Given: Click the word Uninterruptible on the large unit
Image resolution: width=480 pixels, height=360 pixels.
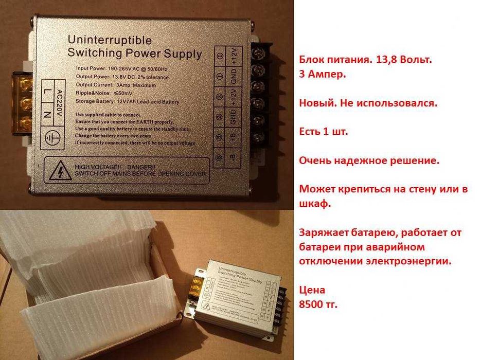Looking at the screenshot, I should tap(109, 40).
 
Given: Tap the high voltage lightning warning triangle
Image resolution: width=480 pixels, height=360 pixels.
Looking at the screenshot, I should tap(61, 170).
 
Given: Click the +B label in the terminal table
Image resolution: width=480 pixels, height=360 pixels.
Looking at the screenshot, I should tap(233, 137).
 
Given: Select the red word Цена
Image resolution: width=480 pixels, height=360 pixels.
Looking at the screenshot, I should tap(312, 290).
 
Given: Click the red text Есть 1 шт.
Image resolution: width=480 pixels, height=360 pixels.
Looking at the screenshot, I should tap(323, 132).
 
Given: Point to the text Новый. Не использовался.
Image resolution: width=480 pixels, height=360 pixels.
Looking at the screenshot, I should tap(368, 102).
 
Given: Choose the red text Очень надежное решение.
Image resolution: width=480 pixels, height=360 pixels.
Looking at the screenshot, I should tap(369, 160).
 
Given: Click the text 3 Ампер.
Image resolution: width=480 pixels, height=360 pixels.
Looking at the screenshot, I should tap(322, 74).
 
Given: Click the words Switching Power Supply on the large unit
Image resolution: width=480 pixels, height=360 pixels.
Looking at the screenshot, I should tap(135, 53).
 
